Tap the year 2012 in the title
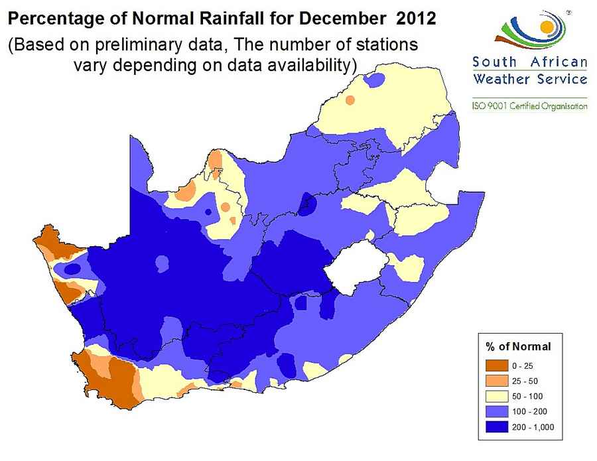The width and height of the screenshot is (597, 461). click(415, 19)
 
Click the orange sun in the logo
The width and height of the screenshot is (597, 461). click(547, 27)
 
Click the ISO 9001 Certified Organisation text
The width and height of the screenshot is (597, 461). click(529, 106)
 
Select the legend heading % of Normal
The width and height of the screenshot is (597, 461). click(519, 346)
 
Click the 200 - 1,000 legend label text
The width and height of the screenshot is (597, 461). click(532, 426)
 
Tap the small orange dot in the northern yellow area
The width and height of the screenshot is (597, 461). click(350, 100)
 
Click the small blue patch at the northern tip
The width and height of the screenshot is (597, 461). click(376, 80)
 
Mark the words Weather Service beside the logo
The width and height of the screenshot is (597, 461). click(529, 80)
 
